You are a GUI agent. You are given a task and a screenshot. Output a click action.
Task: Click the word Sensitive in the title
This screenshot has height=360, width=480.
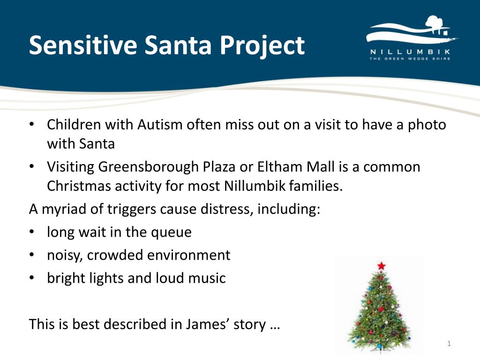[x=82, y=45]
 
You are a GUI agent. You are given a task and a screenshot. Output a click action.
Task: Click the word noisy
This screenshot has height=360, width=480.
[x=64, y=255]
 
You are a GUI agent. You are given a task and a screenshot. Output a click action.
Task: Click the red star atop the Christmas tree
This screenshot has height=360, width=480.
[x=381, y=266]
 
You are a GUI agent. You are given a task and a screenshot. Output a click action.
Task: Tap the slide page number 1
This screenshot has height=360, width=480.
[x=449, y=345]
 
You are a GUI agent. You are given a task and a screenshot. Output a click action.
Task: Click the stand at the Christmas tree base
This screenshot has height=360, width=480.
[x=380, y=350]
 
